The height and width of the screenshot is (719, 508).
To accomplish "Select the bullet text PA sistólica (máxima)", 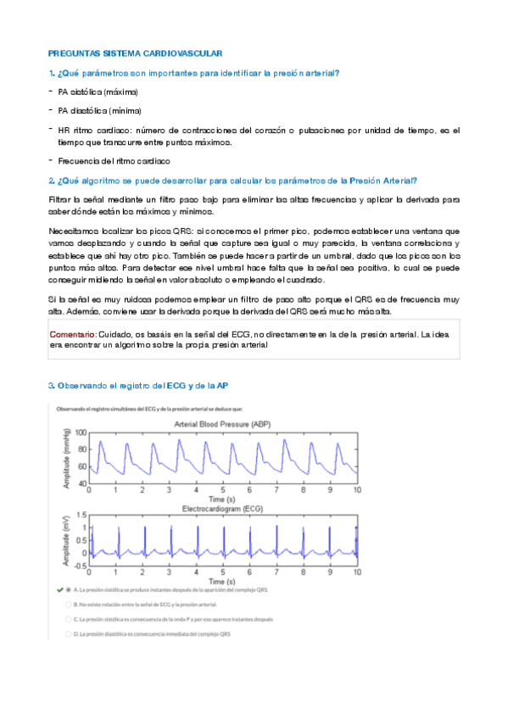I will click(x=98, y=91).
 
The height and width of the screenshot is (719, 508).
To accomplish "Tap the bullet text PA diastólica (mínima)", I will click(x=99, y=110).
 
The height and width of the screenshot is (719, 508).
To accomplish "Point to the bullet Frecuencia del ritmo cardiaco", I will click(x=114, y=160).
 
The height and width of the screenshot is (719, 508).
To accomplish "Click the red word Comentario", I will click(x=72, y=335).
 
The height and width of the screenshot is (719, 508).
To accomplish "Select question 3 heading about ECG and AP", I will click(x=137, y=386).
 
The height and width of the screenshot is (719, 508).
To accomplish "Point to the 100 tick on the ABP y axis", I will click(x=81, y=432).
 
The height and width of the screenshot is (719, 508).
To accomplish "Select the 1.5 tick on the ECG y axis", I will click(x=81, y=515).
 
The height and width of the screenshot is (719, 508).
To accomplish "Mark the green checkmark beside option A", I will click(x=60, y=588).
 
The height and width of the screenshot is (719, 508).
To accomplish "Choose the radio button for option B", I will click(x=68, y=605).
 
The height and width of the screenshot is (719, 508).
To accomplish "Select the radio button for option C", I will click(x=68, y=619).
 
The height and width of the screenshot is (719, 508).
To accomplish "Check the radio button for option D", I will click(x=68, y=633).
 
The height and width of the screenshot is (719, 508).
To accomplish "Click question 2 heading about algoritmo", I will click(x=232, y=180).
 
